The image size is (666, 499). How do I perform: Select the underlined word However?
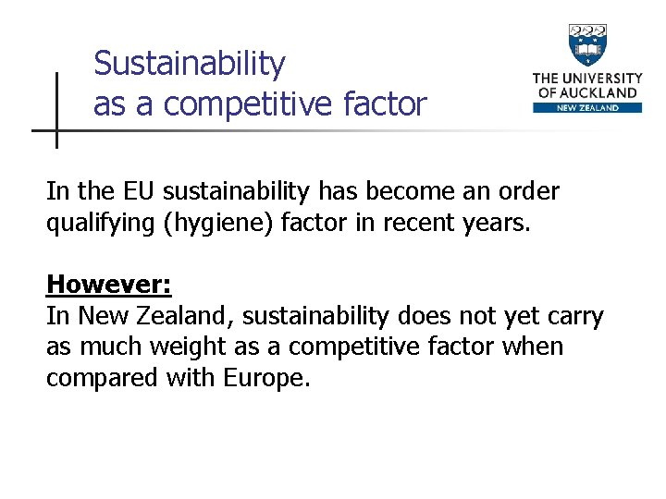pos(108,283)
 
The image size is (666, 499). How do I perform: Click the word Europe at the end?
pos(265,378)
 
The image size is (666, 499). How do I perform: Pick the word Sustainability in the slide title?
pos(190,64)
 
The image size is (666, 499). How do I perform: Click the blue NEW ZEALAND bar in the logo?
pos(587,108)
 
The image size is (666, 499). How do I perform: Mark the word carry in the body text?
pos(573,316)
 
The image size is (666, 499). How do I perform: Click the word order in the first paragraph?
pos(528,191)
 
